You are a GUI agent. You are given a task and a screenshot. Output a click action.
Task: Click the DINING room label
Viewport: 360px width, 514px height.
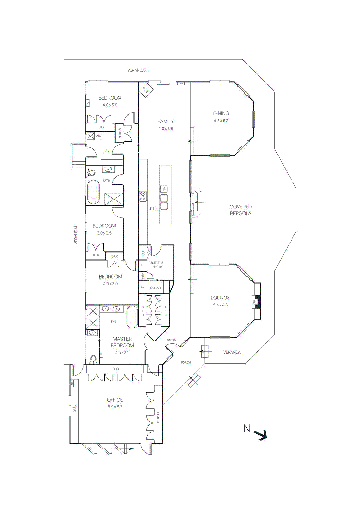tap(221, 113)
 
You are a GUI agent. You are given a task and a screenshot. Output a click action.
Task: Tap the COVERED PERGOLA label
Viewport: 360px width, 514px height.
tap(240, 210)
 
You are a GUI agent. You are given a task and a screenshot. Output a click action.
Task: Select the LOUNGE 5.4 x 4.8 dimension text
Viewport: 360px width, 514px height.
tap(220, 305)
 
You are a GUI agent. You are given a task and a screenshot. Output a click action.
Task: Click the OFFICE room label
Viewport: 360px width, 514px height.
tap(115, 400)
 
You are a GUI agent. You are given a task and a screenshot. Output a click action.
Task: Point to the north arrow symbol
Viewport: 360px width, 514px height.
tap(260, 435)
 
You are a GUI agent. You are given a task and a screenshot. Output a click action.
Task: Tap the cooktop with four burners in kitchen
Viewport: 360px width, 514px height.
tap(143, 196)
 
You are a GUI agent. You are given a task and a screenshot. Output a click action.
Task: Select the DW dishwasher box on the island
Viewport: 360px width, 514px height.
tap(164, 189)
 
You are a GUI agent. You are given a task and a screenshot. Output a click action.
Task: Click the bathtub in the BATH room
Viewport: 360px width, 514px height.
tap(94, 192)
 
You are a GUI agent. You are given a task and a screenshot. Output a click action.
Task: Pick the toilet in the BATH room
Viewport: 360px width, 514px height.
tap(92, 173)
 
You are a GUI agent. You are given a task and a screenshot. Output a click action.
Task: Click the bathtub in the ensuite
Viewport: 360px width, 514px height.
tap(132, 317)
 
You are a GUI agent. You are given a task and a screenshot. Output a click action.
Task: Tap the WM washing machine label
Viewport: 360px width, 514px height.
tap(99, 136)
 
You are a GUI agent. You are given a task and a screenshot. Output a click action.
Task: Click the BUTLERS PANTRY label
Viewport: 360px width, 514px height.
tap(157, 265)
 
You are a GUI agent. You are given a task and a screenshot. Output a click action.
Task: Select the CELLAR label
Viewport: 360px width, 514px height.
tap(156, 288)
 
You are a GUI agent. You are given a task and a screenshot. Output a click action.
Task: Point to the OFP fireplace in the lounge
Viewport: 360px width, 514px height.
tap(255, 302)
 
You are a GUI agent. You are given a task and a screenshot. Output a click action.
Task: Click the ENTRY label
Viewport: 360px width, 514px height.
tap(172, 340)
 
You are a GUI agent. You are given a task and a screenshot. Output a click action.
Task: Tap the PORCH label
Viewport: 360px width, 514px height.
tap(186, 362)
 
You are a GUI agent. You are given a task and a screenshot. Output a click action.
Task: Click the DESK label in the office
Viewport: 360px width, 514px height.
tap(75, 408)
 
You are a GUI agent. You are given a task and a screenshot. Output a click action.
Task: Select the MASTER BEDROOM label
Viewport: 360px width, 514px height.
tap(122, 342)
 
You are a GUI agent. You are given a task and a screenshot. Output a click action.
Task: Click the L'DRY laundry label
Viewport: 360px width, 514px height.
tap(105, 152)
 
